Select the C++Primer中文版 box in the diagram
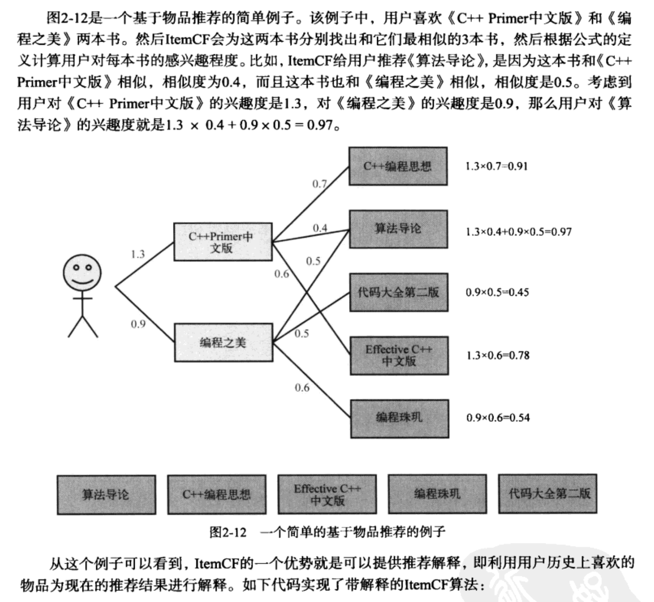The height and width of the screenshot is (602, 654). click(x=222, y=242)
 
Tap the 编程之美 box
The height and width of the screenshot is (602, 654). click(x=223, y=342)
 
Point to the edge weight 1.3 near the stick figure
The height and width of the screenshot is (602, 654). click(x=138, y=254)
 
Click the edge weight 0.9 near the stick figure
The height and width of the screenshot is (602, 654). click(x=138, y=324)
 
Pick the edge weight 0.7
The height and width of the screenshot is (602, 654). click(x=319, y=184)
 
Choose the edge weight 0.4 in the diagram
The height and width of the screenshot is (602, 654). click(x=319, y=228)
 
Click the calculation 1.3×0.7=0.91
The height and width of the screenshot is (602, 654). click(x=496, y=166)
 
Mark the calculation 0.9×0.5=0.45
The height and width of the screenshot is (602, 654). click(x=497, y=292)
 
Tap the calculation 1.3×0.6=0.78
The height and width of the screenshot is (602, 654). click(x=498, y=355)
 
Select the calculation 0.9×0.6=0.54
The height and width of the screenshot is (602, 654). click(x=498, y=418)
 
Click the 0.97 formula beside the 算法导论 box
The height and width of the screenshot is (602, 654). click(x=518, y=231)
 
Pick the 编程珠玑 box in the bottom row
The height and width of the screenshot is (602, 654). click(x=437, y=494)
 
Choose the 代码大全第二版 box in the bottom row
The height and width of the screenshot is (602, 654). click(x=548, y=494)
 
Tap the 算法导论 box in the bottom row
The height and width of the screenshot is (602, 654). click(x=106, y=495)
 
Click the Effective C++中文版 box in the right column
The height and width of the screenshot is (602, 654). click(x=399, y=356)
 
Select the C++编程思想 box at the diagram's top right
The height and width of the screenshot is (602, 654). click(x=398, y=166)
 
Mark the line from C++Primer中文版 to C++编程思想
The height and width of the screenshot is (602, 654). click(x=310, y=204)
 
